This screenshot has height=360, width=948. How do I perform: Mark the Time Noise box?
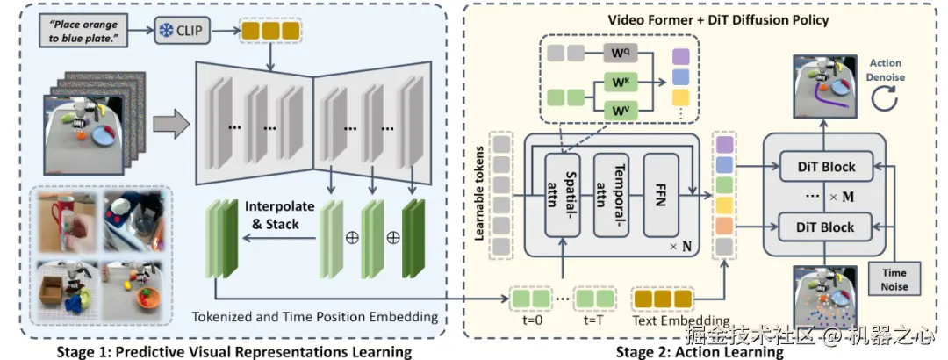point(894,278)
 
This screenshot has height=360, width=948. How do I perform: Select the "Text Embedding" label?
point(681,320)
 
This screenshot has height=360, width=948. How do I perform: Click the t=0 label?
point(533,320)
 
